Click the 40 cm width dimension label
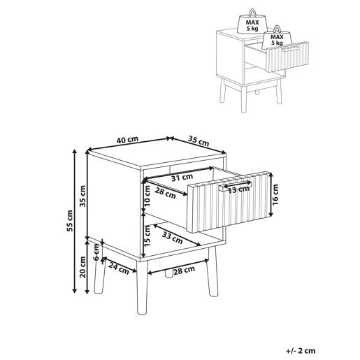tap(127, 140)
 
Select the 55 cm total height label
tap(70, 221)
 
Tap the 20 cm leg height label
tap(82, 267)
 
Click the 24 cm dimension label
tap(119, 268)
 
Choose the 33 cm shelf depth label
tap(172, 238)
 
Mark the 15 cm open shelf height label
tap(147, 236)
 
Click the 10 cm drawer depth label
tap(147, 196)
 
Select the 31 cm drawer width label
tap(182, 178)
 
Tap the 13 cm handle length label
tap(238, 189)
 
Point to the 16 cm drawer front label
tap(275, 194)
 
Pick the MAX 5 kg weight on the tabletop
tap(252, 22)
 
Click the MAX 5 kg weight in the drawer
tap(277, 37)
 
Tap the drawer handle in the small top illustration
tap(290, 49)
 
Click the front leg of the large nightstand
tap(142, 288)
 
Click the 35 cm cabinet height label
tap(82, 196)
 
